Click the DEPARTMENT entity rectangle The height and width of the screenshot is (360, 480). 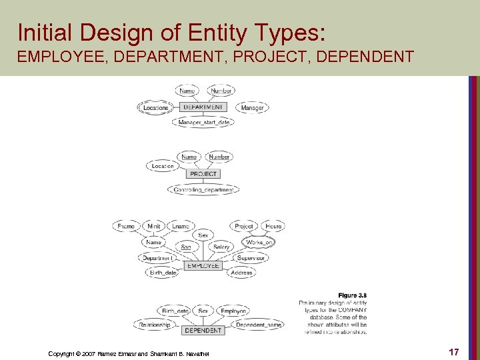[x=204, y=107]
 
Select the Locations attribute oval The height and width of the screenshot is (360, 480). [x=156, y=107]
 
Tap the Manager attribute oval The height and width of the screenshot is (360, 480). [x=252, y=107]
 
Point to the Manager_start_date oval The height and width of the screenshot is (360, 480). [x=204, y=122]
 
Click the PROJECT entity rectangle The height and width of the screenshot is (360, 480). [x=203, y=174]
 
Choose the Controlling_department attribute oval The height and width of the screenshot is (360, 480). [x=204, y=190]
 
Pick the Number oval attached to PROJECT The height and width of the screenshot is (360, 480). [x=219, y=157]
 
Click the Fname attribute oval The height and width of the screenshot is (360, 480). [x=126, y=227]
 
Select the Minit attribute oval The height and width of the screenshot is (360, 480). [x=154, y=227]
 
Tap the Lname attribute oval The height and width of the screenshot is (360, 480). [x=181, y=227]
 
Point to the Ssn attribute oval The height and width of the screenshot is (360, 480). [x=186, y=247]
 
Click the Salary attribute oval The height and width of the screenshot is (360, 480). [x=221, y=247]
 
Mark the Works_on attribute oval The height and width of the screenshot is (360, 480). [x=259, y=242]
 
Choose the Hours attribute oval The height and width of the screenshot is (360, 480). [x=273, y=227]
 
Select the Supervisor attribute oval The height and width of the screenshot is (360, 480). [x=251, y=258]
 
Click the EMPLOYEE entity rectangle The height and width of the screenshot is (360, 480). [x=203, y=266]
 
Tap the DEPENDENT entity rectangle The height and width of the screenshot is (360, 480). [x=203, y=330]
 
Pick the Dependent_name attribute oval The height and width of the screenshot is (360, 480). [x=259, y=325]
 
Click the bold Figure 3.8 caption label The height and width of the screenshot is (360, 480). [x=352, y=295]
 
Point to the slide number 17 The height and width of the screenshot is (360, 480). [x=453, y=351]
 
